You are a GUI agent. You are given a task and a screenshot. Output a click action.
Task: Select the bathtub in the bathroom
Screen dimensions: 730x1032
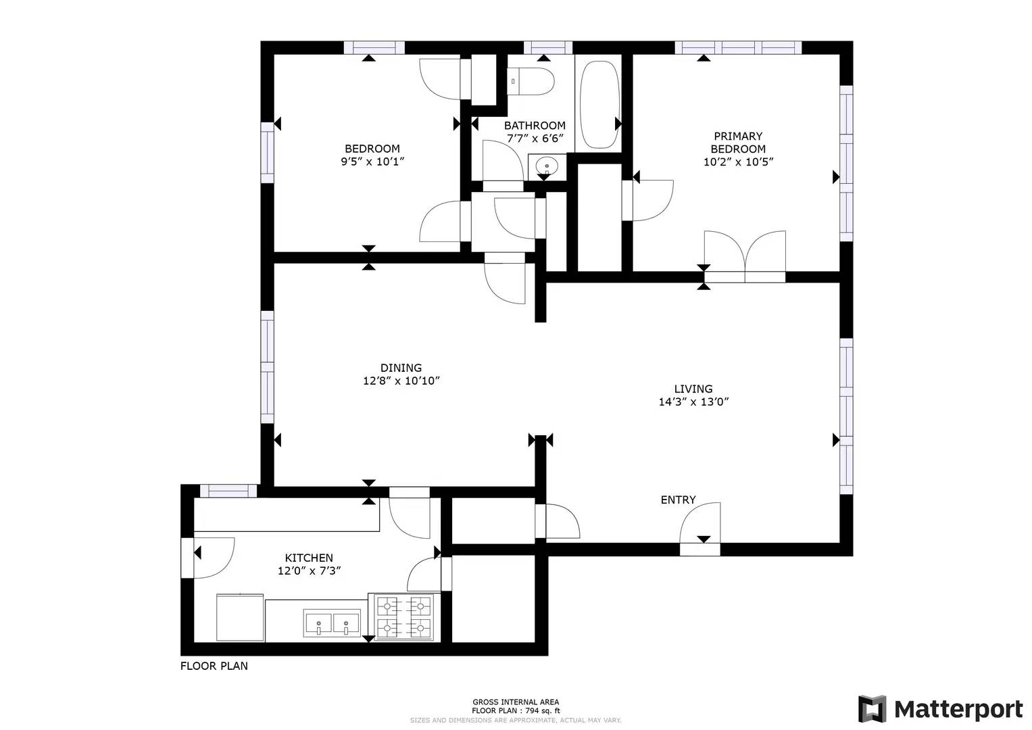(599, 105)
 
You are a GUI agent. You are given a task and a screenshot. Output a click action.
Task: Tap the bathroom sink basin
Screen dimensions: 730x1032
(546, 166)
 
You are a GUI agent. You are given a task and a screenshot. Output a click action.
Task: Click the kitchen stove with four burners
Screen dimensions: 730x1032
(403, 616)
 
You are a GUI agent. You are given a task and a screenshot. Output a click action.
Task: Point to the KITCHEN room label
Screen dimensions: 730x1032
(309, 558)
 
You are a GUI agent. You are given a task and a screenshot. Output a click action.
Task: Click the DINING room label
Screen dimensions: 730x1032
(401, 368)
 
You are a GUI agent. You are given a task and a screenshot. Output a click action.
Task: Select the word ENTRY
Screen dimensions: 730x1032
(678, 500)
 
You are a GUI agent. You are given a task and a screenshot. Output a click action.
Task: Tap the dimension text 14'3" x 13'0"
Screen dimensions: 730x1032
(693, 401)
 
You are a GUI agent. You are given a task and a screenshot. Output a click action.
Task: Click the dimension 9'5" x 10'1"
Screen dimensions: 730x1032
(372, 162)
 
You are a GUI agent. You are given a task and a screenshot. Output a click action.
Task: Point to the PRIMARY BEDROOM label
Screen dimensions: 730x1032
(738, 142)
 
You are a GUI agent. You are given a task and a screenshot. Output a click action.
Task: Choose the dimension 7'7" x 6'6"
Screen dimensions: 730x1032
(535, 139)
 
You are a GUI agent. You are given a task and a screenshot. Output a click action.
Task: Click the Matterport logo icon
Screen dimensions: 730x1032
(872, 709)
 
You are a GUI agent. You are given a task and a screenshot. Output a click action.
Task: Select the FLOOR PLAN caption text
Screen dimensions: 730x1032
(214, 666)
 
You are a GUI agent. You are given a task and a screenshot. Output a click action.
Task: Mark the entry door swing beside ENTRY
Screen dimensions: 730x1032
(701, 524)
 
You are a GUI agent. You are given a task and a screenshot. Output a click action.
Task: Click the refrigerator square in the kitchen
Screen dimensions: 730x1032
(240, 617)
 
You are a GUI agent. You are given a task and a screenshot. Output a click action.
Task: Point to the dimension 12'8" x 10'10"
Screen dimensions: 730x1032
(401, 381)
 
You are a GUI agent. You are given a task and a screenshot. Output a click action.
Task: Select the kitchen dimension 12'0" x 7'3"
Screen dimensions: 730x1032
(309, 570)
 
